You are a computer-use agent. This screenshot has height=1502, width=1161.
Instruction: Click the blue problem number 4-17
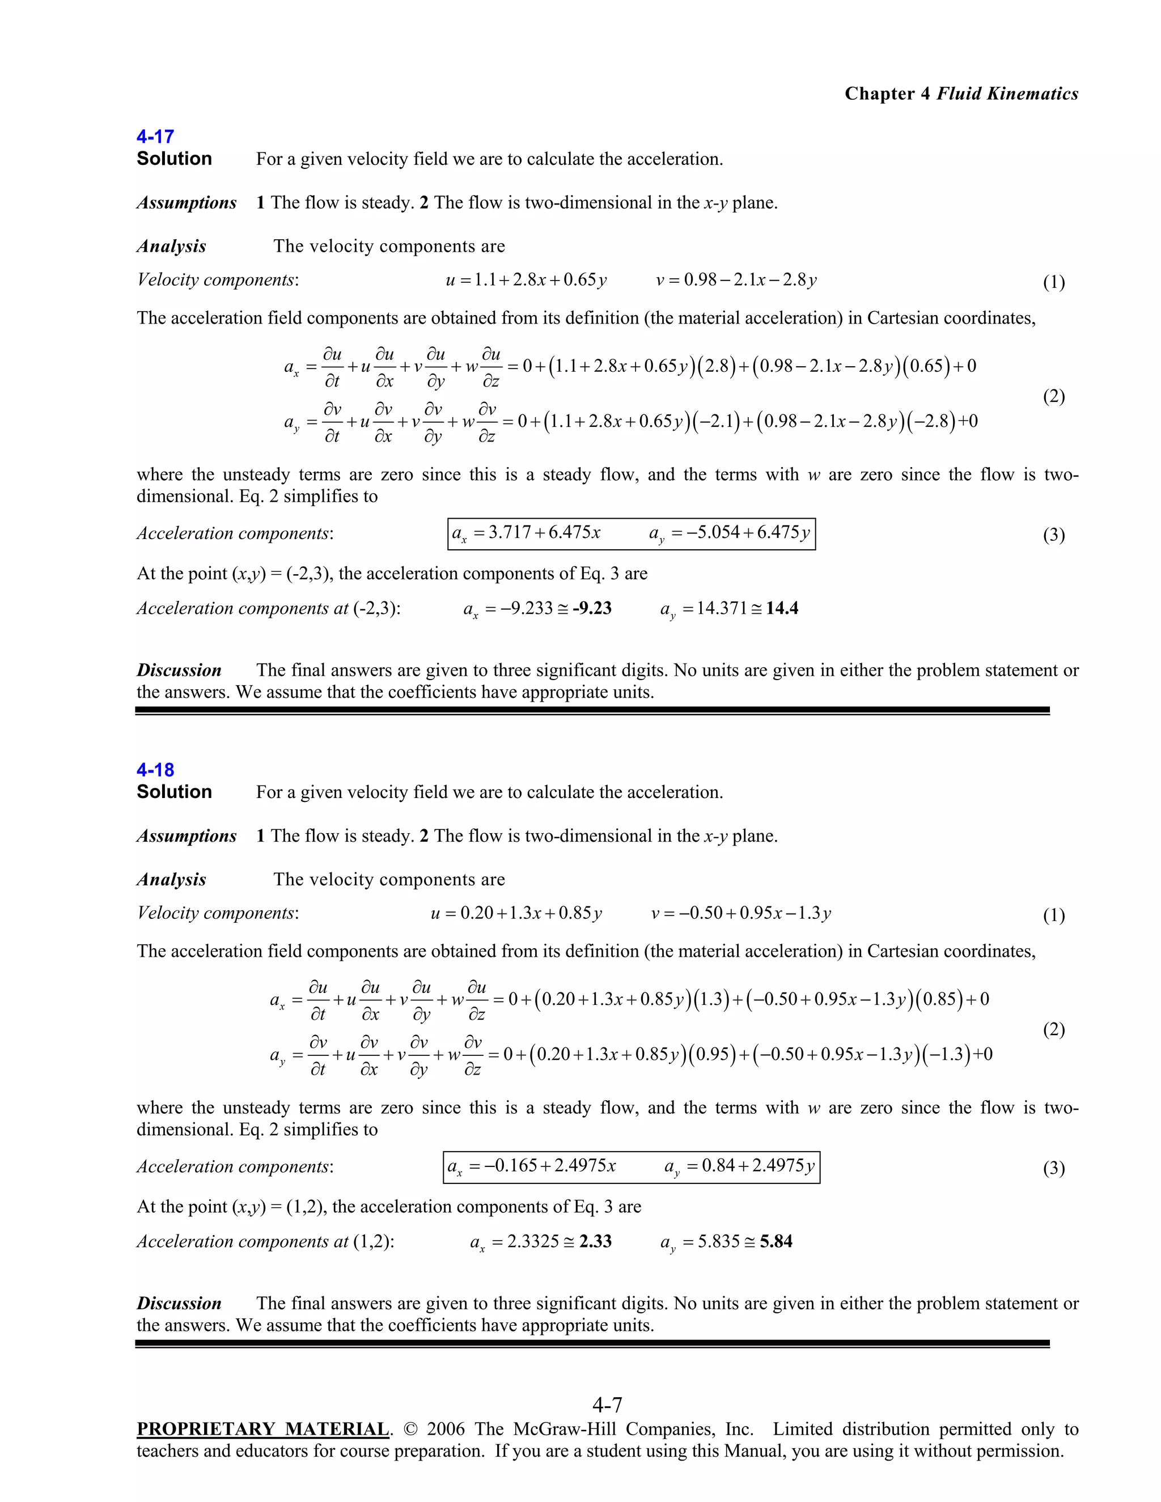click(x=155, y=136)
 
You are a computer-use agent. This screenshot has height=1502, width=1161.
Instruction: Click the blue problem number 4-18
click(x=155, y=770)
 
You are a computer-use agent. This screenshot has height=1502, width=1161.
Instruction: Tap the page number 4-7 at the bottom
click(x=607, y=1405)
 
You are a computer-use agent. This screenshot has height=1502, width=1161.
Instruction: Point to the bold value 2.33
click(x=595, y=1241)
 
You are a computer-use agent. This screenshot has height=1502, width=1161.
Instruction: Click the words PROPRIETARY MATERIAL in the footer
click(x=262, y=1429)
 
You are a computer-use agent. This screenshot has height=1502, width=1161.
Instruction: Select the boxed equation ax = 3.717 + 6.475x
click(x=526, y=533)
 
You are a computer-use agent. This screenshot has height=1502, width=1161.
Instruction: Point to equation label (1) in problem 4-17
click(x=1054, y=282)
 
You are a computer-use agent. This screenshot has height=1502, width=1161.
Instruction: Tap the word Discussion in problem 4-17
click(x=179, y=670)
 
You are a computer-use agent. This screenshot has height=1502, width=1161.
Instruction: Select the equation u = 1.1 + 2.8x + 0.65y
click(x=526, y=280)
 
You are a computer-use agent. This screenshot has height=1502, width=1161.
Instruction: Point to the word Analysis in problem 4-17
click(x=171, y=246)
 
